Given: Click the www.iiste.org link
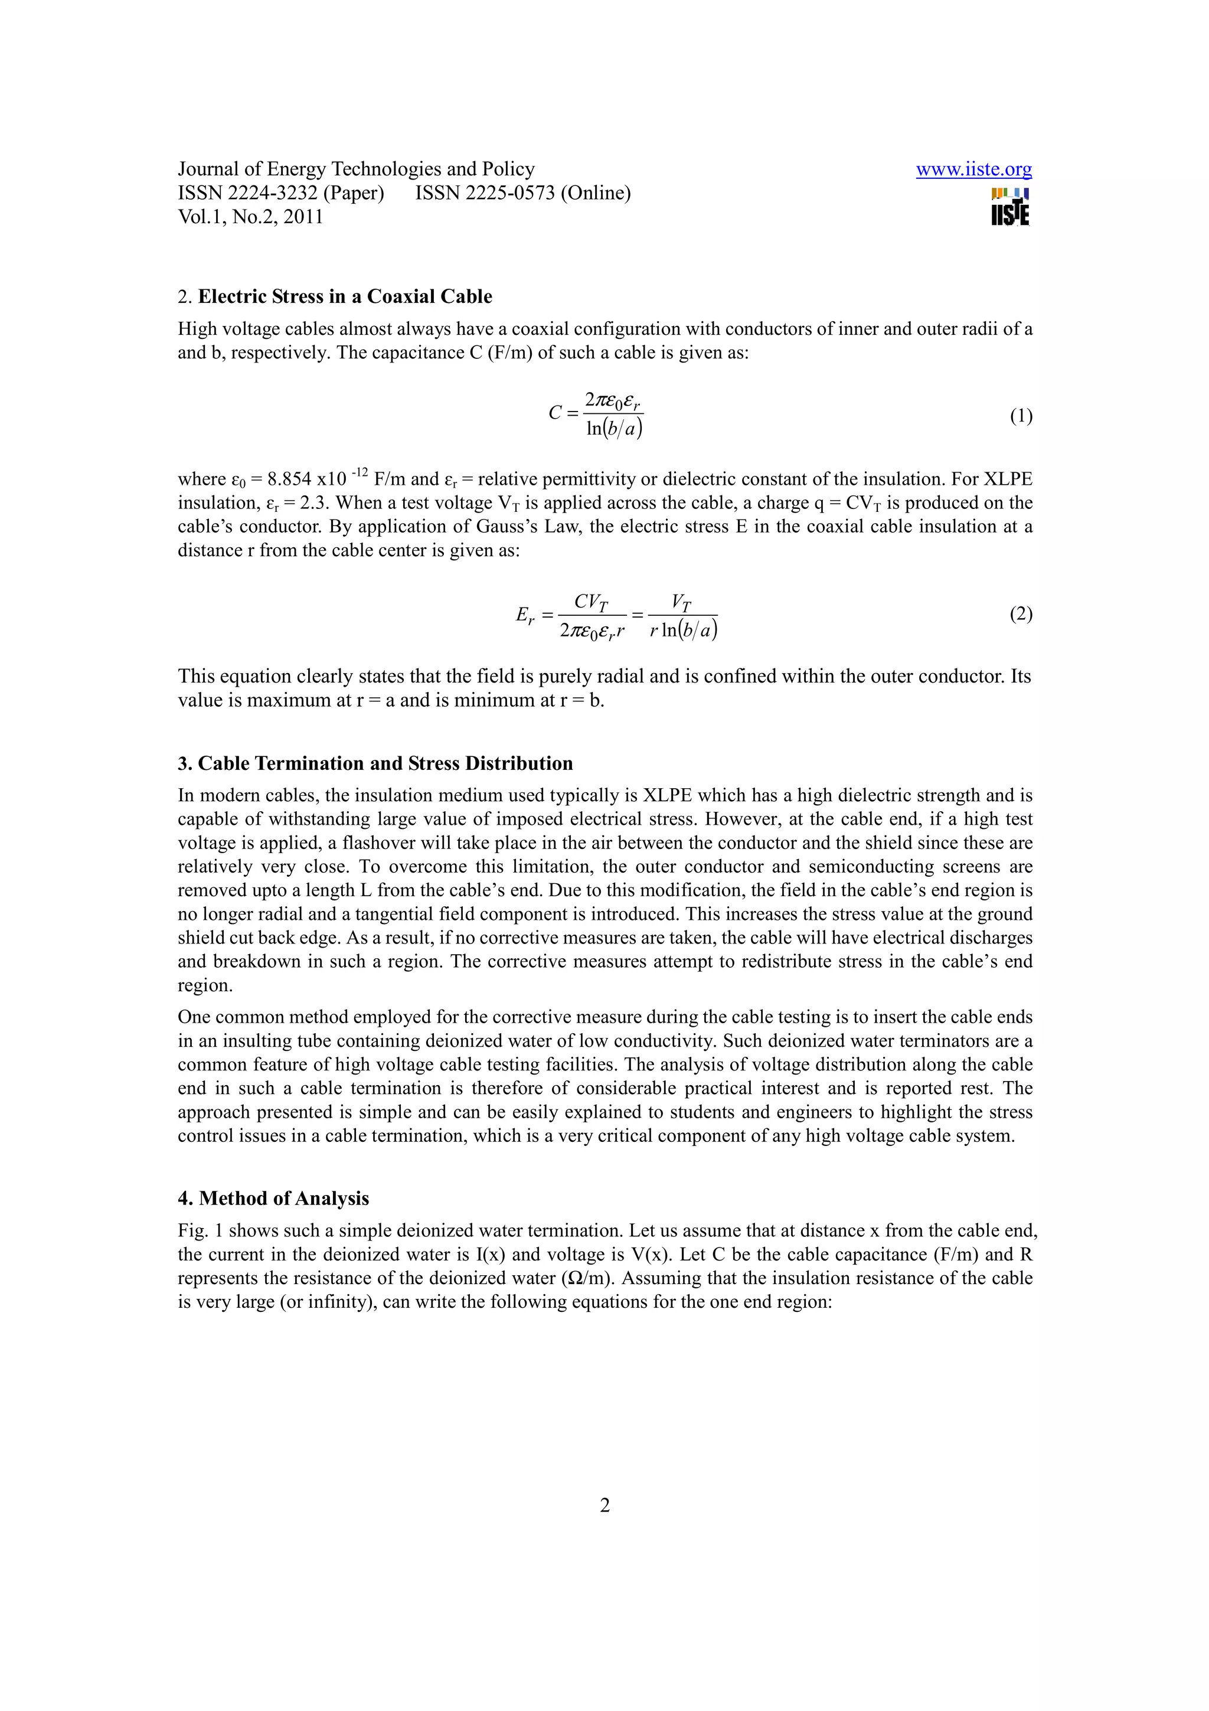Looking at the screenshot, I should (x=973, y=170).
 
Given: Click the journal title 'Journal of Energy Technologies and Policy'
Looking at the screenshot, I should (x=356, y=169).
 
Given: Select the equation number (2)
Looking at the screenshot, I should (x=1021, y=614).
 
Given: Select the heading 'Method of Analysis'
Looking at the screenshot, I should (x=284, y=1199).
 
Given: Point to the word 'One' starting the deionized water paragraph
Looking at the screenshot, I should (x=194, y=1017).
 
